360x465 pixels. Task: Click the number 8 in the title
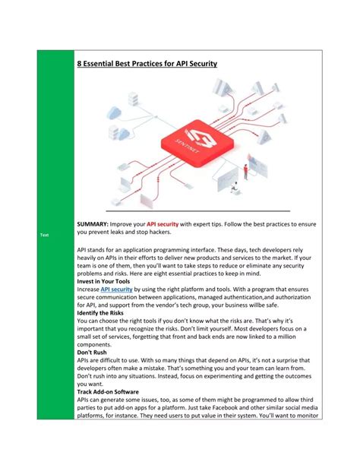click(x=80, y=65)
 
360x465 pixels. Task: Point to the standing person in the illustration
click(x=245, y=172)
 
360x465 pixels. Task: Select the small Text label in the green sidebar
click(x=44, y=235)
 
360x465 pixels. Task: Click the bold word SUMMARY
click(x=92, y=225)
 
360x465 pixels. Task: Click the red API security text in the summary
click(x=163, y=225)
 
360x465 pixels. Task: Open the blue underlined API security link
click(x=117, y=289)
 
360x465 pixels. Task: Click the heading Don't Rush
click(x=93, y=353)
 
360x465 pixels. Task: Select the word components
click(x=97, y=344)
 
